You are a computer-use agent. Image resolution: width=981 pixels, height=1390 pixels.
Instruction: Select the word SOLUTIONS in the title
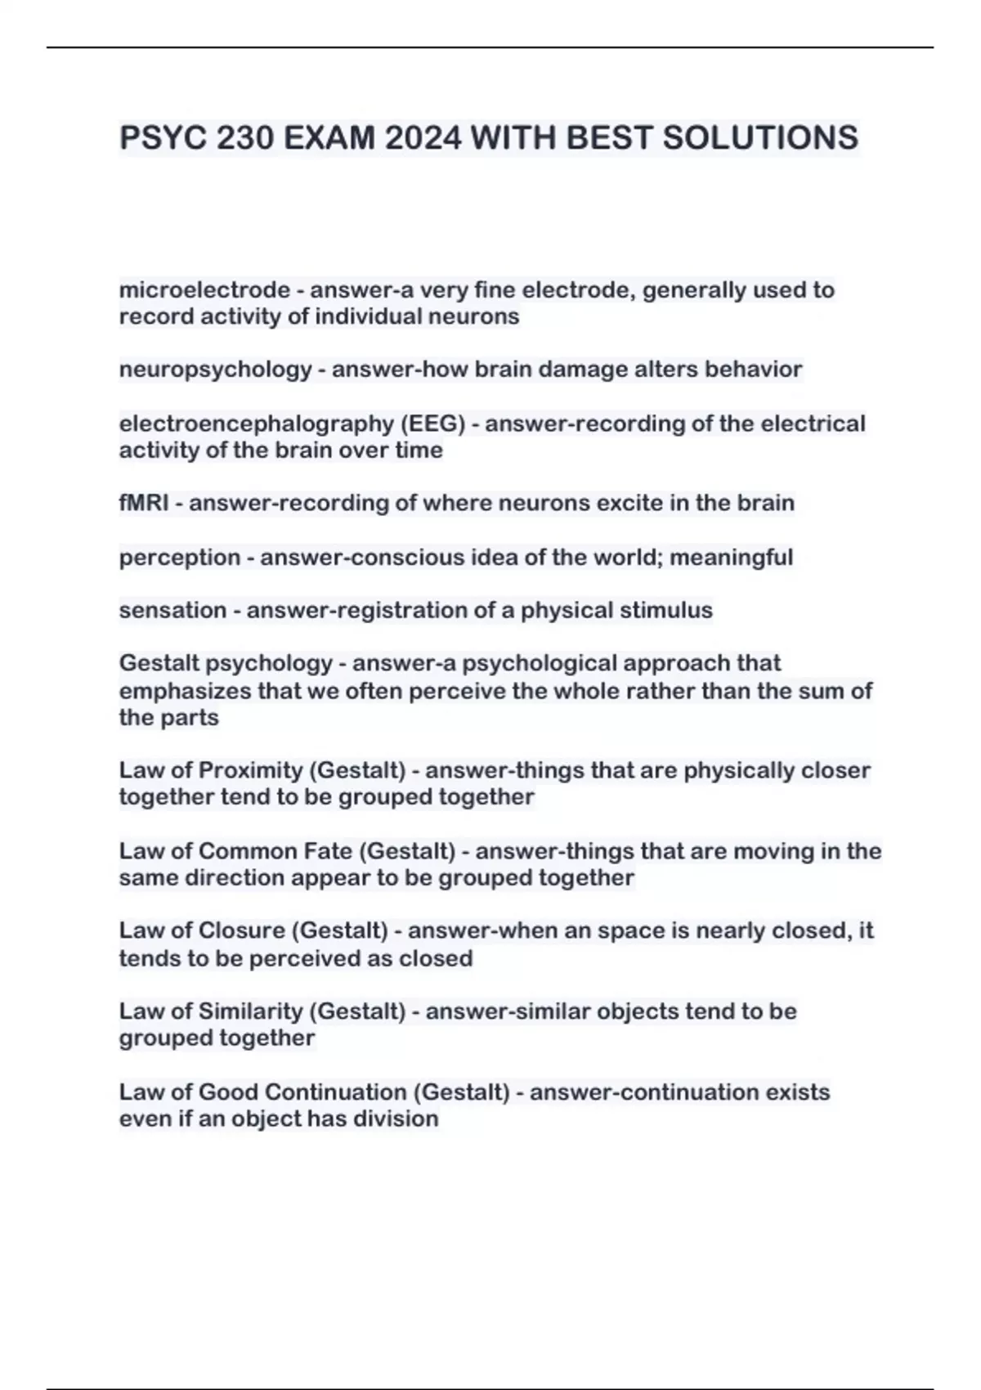click(760, 137)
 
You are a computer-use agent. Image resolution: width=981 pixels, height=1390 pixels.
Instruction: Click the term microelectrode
click(204, 290)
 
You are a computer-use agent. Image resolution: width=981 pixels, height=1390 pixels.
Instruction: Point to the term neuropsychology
click(216, 370)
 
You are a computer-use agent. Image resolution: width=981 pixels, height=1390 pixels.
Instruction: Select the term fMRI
click(144, 503)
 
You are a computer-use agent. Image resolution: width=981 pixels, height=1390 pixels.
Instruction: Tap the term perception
click(180, 558)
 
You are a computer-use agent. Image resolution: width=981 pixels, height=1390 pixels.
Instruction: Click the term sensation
click(172, 610)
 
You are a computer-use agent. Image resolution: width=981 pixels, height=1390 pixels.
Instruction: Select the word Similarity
click(250, 1011)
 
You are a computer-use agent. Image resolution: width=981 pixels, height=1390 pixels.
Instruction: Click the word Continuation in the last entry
click(335, 1092)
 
